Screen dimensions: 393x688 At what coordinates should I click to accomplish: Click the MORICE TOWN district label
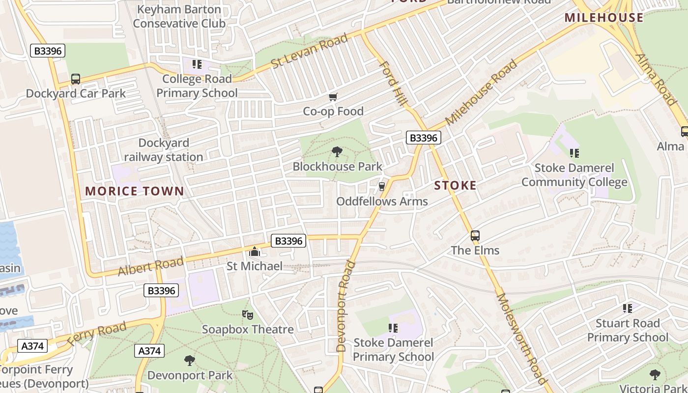tap(135, 191)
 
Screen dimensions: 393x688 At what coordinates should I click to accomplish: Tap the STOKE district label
tap(455, 185)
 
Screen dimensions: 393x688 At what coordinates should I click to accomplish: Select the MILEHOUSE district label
tap(603, 18)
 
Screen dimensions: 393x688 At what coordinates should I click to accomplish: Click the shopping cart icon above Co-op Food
tap(333, 97)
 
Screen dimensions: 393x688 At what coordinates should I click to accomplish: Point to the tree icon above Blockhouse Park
tap(337, 152)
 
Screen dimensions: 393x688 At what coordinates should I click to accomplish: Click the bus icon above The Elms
tap(475, 236)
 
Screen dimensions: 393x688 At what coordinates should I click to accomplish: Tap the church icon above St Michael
tap(255, 252)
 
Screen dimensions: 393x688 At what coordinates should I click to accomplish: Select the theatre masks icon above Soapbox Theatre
tap(248, 314)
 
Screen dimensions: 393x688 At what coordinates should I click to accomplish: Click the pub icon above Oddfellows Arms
tap(381, 187)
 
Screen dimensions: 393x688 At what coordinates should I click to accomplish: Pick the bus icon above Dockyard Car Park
tap(76, 79)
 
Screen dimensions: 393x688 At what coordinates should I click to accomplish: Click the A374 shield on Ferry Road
tap(33, 346)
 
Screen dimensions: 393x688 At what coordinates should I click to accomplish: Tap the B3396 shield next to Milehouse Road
tap(423, 138)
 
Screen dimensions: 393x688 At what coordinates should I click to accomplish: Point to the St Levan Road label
tap(309, 51)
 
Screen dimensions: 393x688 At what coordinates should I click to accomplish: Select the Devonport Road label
tap(345, 307)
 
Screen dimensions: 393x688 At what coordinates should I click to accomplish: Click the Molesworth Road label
tap(521, 339)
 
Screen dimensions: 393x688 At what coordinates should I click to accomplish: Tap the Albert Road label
tap(150, 266)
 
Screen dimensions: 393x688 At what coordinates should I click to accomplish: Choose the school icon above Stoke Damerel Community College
tap(574, 153)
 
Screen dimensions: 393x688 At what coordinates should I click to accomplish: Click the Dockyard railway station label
tap(164, 150)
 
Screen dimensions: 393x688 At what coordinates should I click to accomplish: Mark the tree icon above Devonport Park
tap(190, 361)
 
